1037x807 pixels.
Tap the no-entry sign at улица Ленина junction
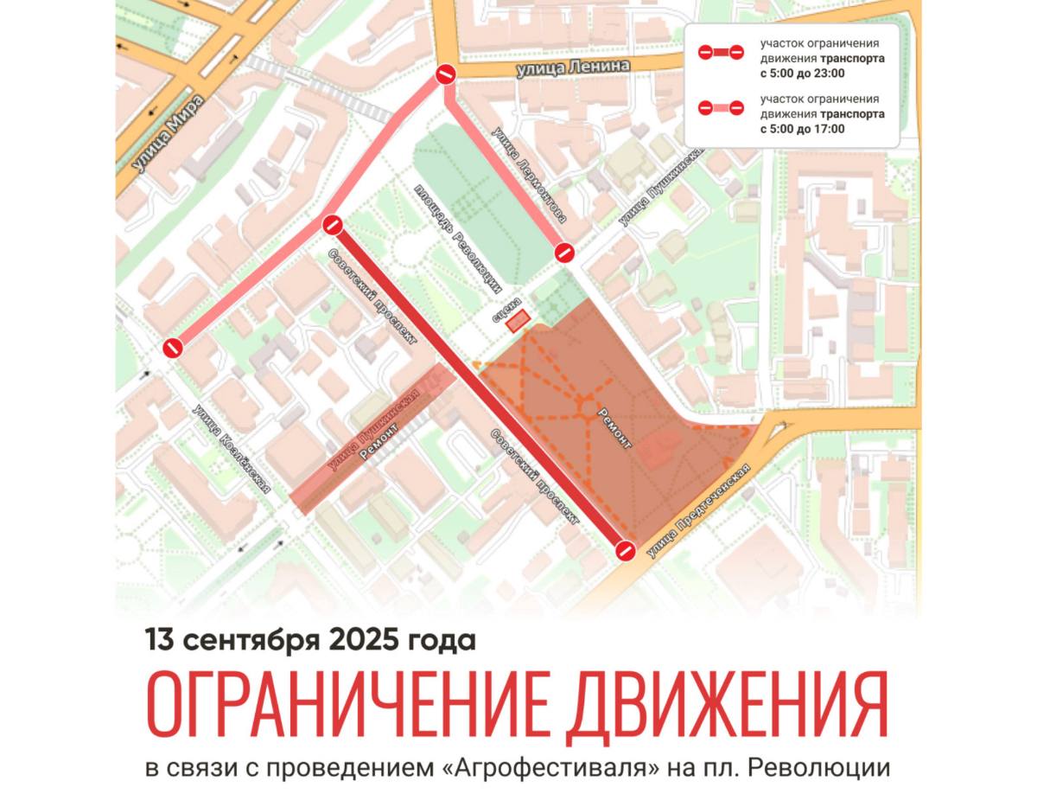tap(446, 75)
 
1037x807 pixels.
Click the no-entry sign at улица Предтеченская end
tap(626, 551)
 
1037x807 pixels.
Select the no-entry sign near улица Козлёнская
tap(173, 348)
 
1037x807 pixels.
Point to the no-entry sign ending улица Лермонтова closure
tap(563, 253)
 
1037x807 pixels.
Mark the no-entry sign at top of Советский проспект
tap(333, 227)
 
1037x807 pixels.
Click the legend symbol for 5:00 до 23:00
tap(721, 53)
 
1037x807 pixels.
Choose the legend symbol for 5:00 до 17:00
tap(721, 108)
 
